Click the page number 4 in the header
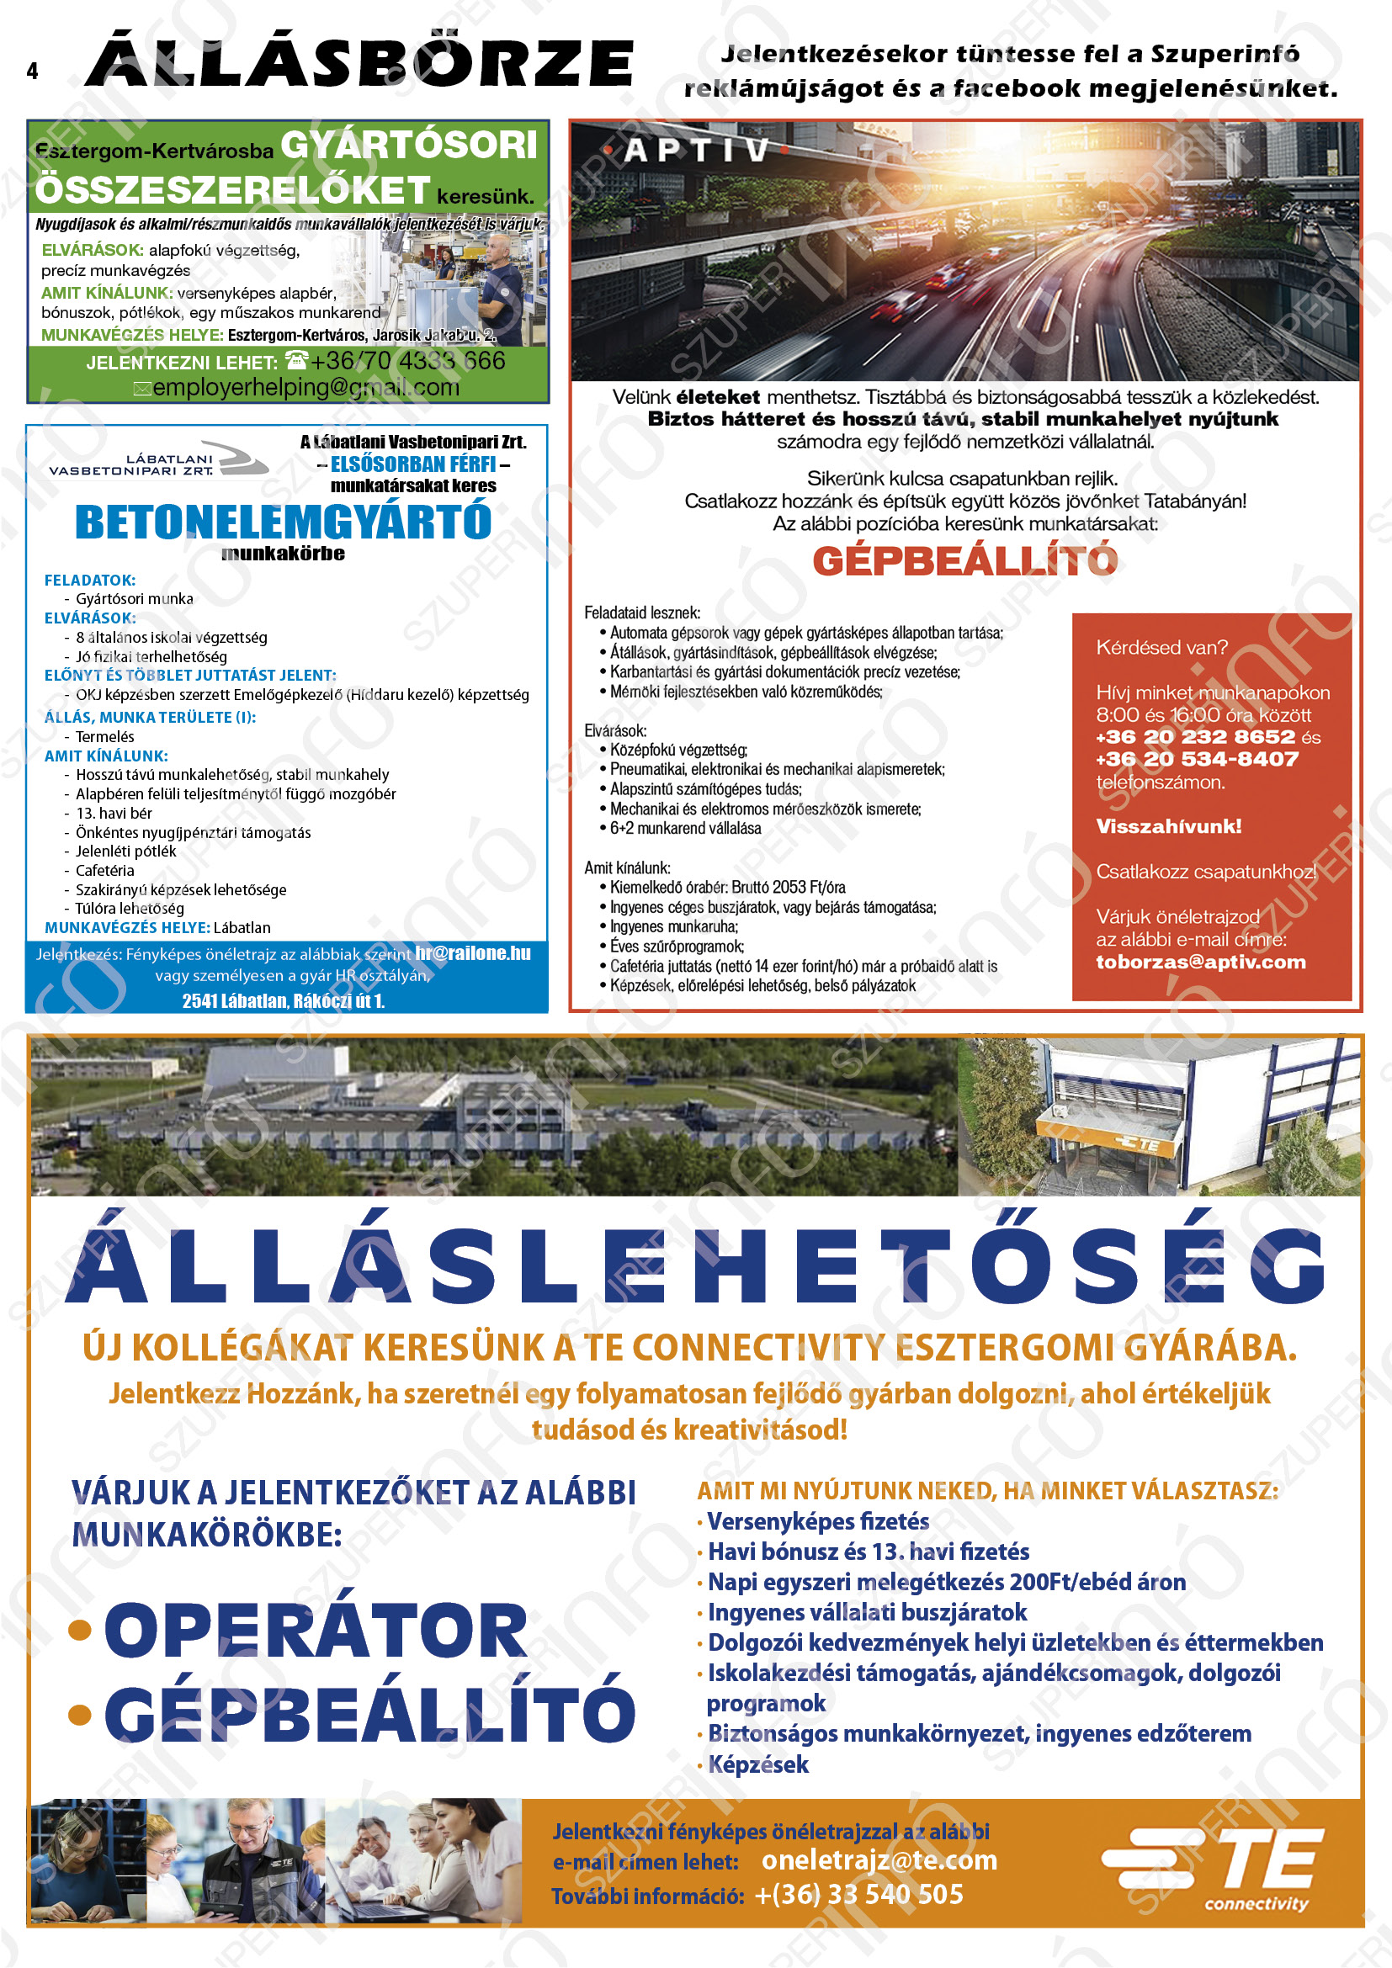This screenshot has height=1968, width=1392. (33, 72)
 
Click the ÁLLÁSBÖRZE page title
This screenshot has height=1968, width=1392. (360, 63)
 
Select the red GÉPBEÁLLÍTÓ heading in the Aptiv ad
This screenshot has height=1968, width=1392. (964, 560)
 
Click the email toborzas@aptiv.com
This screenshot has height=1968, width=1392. (1200, 962)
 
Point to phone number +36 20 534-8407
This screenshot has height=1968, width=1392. (1197, 759)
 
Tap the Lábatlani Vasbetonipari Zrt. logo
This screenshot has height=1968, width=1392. (158, 460)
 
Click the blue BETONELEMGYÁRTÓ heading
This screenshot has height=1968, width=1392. (283, 522)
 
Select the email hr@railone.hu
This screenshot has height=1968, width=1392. (473, 953)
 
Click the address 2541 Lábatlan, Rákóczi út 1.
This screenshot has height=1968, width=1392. (283, 1000)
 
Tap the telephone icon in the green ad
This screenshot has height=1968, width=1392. (295, 360)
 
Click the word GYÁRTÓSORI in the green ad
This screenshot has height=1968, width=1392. (409, 145)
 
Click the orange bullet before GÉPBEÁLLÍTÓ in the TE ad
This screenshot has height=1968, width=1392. (80, 1714)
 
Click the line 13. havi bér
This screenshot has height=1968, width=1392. (113, 813)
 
